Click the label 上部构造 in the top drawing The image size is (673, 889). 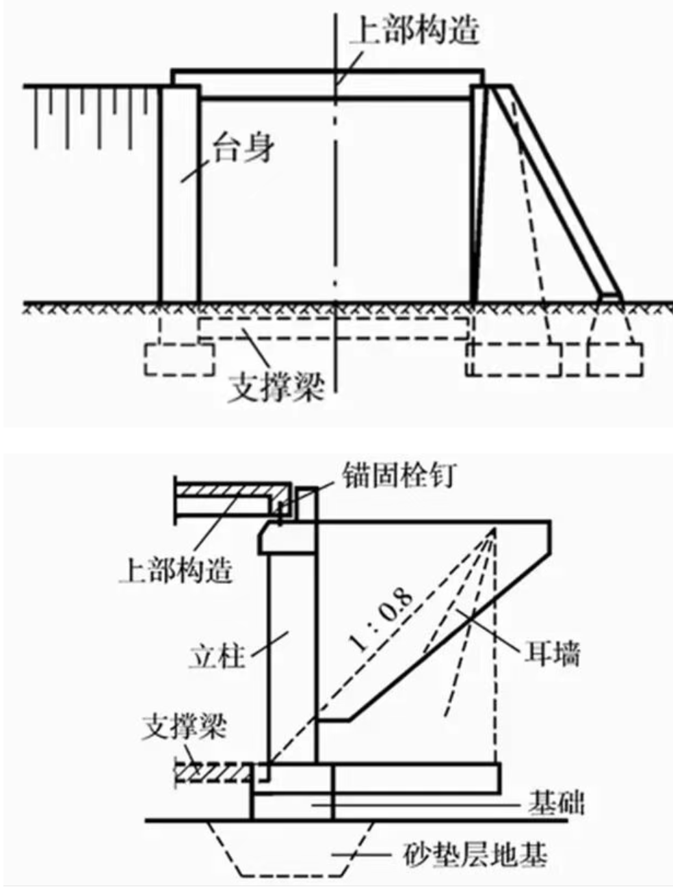414,30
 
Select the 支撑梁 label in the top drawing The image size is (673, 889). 276,387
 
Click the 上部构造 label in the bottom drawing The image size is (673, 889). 176,570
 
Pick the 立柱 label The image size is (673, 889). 217,656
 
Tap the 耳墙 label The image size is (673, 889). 553,653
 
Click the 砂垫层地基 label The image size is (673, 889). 475,855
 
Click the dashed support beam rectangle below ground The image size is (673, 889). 334,328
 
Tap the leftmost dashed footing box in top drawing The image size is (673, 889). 180,359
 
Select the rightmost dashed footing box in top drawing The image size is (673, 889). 615,359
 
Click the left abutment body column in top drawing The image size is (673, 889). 179,194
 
